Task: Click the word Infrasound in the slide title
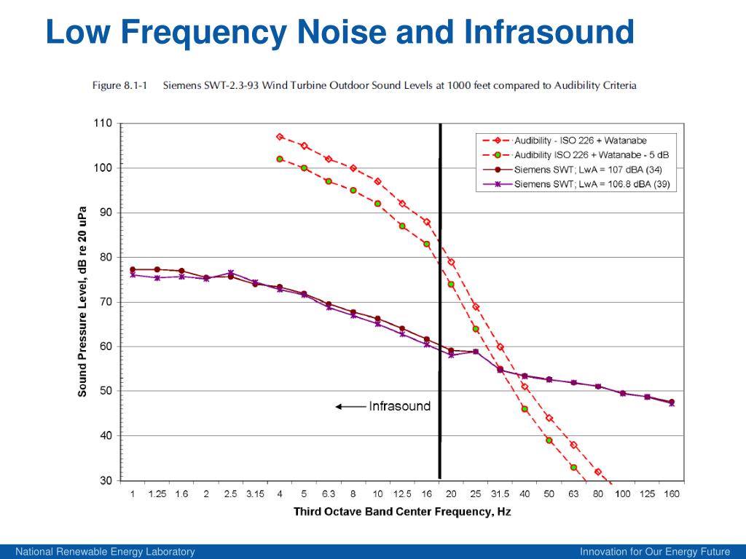(x=549, y=32)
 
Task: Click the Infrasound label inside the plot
(x=400, y=406)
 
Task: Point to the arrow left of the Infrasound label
(x=350, y=407)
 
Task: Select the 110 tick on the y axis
(x=103, y=124)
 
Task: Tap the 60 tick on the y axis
(x=106, y=346)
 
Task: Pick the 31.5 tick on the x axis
(x=500, y=495)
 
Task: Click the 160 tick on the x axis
(x=671, y=495)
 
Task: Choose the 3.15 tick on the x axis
(x=255, y=495)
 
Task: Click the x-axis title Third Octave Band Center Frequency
(x=401, y=512)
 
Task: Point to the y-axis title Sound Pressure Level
(x=83, y=301)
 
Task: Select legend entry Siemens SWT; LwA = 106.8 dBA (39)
(x=592, y=184)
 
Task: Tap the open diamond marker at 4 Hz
(x=280, y=136)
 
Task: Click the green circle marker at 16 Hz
(x=427, y=244)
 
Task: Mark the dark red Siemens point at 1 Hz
(x=133, y=269)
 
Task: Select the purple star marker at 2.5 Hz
(x=230, y=273)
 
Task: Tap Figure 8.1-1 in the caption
(x=119, y=85)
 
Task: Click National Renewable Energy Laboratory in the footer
(x=106, y=552)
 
